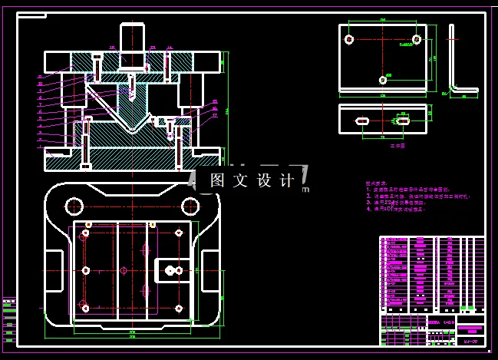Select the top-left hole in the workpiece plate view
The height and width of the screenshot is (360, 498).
(x=349, y=39)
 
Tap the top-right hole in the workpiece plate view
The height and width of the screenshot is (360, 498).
(x=416, y=38)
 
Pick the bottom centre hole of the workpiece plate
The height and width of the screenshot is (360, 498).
(x=383, y=79)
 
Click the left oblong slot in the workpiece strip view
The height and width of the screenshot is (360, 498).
(x=361, y=121)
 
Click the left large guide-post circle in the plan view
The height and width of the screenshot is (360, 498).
(x=74, y=206)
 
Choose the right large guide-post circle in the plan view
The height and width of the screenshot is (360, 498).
(x=190, y=206)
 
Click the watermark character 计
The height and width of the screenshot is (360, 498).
(x=287, y=180)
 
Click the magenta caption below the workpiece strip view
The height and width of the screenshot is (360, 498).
(x=396, y=144)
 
